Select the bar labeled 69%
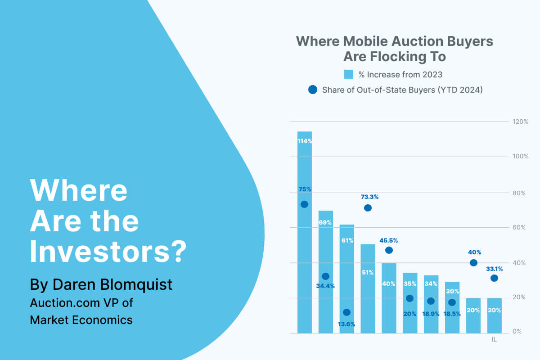[326, 252]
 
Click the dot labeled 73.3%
[368, 208]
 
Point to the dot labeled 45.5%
[389, 250]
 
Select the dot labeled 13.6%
[346, 312]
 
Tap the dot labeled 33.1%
[494, 278]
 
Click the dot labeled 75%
[304, 204]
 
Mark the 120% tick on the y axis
[520, 121]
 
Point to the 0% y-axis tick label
[517, 332]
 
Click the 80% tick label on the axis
[519, 193]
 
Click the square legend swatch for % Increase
[349, 74]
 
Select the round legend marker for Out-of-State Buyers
[313, 90]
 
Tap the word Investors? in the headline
[108, 252]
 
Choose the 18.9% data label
[431, 314]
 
